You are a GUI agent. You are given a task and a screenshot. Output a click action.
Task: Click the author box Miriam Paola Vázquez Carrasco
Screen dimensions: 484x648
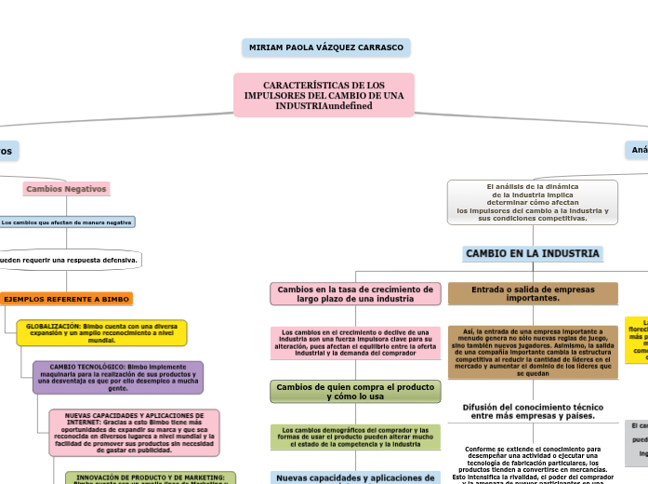pyautogui.click(x=326, y=47)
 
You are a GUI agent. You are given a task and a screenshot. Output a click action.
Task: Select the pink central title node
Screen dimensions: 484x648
pyautogui.click(x=324, y=95)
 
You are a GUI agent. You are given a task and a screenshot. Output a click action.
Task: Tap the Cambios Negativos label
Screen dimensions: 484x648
pyautogui.click(x=66, y=189)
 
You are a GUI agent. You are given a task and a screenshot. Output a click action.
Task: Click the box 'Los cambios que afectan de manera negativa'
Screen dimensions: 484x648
pyautogui.click(x=66, y=222)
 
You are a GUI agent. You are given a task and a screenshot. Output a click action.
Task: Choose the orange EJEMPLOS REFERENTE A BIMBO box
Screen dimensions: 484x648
pyautogui.click(x=66, y=299)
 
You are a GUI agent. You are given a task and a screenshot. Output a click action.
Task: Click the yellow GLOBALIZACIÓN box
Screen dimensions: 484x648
pyautogui.click(x=101, y=332)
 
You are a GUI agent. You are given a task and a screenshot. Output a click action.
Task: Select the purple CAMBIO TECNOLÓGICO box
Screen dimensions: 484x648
pyautogui.click(x=117, y=377)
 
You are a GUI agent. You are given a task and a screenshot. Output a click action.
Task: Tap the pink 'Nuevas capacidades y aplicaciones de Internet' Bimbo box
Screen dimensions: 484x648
pyautogui.click(x=134, y=433)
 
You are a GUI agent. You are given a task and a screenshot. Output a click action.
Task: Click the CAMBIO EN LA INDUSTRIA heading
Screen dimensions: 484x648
pyautogui.click(x=533, y=253)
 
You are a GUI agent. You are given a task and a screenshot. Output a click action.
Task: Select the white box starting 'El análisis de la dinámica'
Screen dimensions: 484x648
pyautogui.click(x=533, y=202)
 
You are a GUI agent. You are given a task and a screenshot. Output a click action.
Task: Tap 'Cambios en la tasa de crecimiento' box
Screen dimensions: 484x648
pyautogui.click(x=355, y=294)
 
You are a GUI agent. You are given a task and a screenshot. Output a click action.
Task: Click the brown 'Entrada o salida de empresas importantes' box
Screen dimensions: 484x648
pyautogui.click(x=533, y=294)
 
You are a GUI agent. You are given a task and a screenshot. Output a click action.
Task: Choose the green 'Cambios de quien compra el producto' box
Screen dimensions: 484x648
pyautogui.click(x=355, y=391)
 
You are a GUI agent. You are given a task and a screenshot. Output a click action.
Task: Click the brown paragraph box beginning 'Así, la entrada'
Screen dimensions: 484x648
pyautogui.click(x=533, y=352)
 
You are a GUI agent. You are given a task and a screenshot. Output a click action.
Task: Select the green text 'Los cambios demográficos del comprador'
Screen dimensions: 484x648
pyautogui.click(x=355, y=437)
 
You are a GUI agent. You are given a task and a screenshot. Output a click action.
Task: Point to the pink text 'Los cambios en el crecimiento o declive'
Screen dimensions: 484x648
pyautogui.click(x=355, y=343)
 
